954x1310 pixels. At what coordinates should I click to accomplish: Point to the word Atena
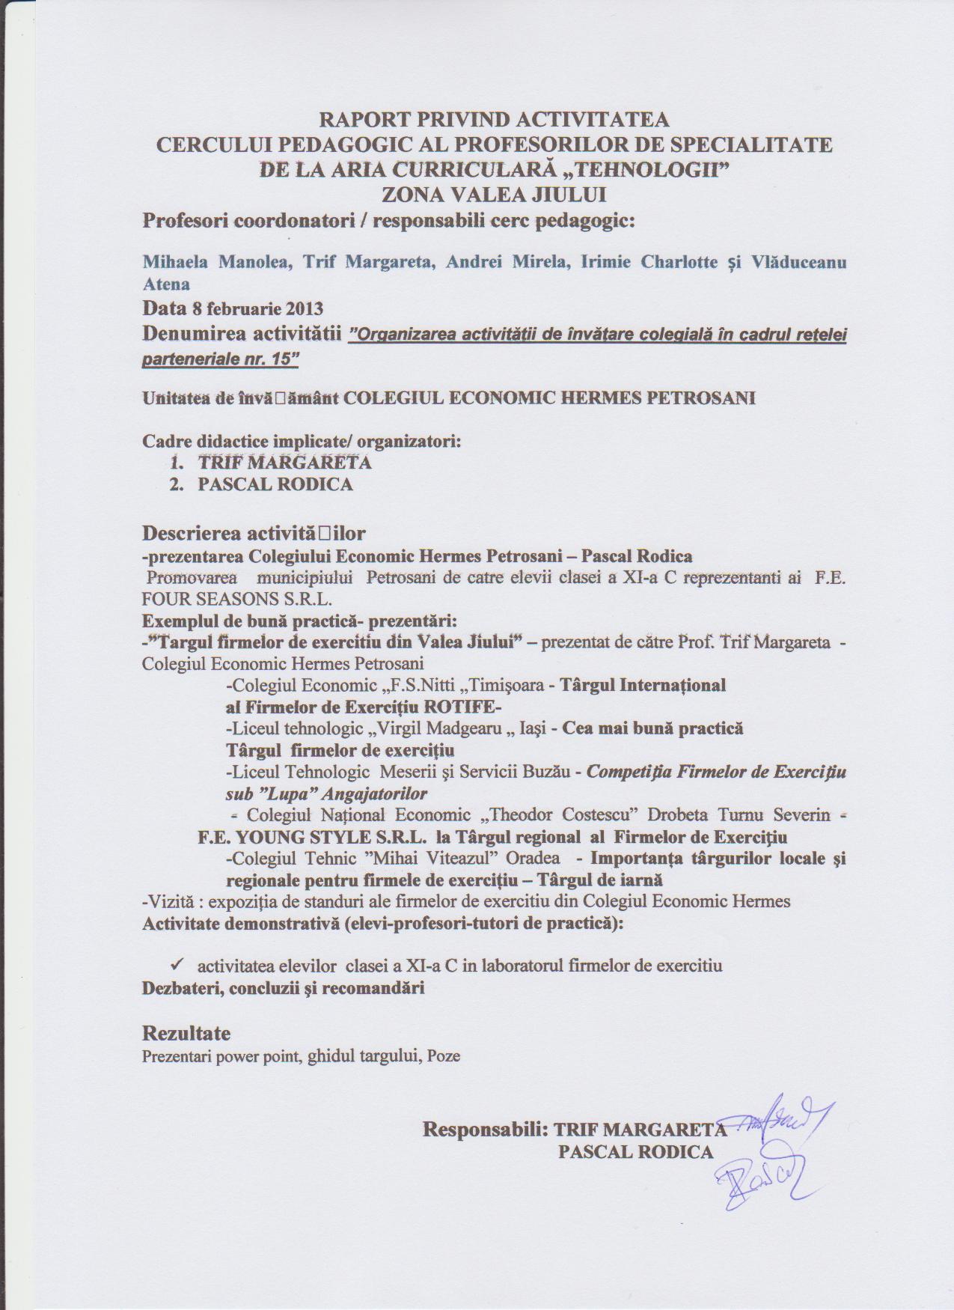[166, 284]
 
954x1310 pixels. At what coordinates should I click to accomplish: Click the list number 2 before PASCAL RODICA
[177, 484]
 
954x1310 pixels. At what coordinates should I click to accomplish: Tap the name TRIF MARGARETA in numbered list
[285, 462]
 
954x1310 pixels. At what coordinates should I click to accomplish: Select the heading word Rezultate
[186, 1034]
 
